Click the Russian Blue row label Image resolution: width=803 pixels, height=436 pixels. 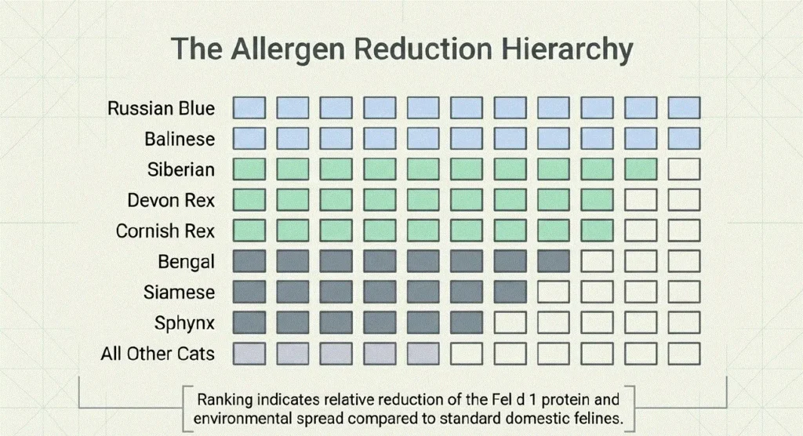161,108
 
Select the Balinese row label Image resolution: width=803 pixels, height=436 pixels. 180,139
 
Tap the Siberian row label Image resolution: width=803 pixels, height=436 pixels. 181,169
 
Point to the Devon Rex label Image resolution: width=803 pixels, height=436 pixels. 171,200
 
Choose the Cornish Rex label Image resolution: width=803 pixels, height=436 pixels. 165,231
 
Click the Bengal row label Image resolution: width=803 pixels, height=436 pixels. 186,262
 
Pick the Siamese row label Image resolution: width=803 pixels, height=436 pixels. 179,292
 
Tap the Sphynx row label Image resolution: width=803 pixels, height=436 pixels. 184,323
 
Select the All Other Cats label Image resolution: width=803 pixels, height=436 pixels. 158,354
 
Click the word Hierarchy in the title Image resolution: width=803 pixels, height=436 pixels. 567,49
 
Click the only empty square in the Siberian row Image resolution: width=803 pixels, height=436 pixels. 684,169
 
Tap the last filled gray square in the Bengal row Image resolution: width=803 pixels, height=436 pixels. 553,261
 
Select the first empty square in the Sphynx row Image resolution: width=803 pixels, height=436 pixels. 510,323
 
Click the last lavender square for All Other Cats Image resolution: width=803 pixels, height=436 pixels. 423,354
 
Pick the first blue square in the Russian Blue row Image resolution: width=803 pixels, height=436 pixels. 249,108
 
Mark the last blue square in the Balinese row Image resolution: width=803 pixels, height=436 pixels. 684,139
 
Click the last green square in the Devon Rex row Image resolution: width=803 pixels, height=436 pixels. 597,200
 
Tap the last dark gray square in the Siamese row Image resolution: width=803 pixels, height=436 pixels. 510,292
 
